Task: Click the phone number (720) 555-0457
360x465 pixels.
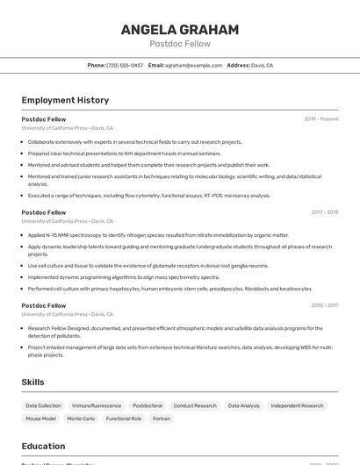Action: (x=125, y=65)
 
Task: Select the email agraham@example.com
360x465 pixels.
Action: (x=193, y=65)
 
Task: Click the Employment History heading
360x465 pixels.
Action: (x=65, y=100)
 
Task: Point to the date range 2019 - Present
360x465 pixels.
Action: (x=321, y=118)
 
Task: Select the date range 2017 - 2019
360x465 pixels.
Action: (x=324, y=212)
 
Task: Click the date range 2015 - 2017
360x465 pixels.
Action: (x=324, y=305)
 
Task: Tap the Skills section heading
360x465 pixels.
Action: (x=33, y=382)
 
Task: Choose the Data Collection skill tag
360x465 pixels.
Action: (x=43, y=405)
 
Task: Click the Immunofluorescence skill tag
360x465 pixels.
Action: (x=97, y=405)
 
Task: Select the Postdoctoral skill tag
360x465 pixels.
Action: (x=147, y=405)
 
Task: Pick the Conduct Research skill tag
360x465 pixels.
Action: (x=195, y=405)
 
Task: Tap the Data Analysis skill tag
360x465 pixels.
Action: (x=243, y=405)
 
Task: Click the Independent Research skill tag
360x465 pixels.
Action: (x=297, y=405)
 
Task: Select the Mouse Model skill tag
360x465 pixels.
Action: (x=40, y=418)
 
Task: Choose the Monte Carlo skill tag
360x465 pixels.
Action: (x=81, y=418)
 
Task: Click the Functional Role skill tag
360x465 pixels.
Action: (x=124, y=418)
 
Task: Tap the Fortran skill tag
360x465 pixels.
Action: (x=162, y=418)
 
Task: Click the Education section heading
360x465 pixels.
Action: (x=43, y=446)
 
